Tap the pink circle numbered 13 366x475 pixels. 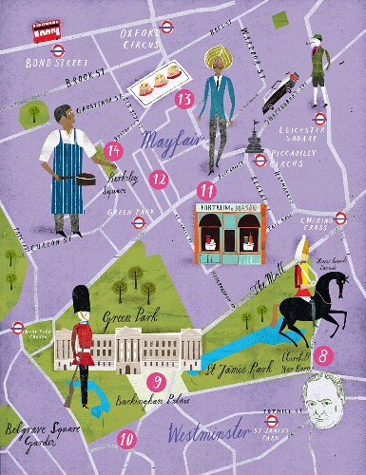coord(184,98)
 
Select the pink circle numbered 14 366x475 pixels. coord(114,150)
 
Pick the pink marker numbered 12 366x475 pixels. coord(159,178)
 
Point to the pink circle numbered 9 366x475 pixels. coord(159,382)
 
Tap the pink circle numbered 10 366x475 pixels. coord(126,439)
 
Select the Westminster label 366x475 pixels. coord(209,435)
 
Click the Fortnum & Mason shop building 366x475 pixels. coord(228,233)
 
